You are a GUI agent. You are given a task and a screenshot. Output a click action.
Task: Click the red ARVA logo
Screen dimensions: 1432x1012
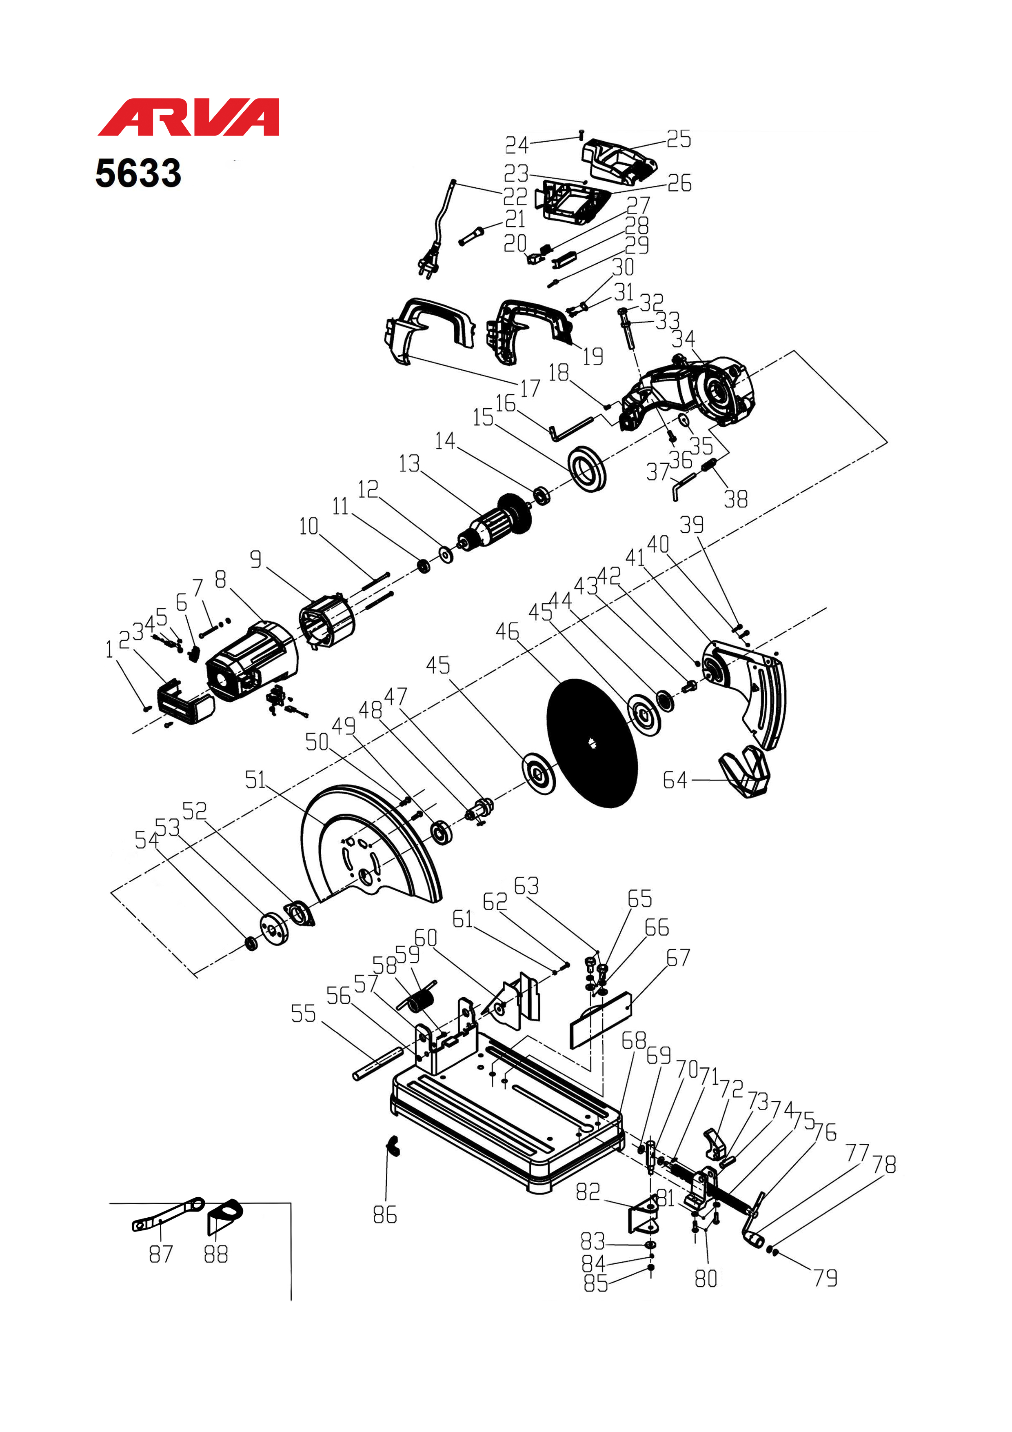click(188, 117)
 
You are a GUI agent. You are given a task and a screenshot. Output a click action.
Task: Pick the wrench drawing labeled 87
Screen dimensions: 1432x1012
click(167, 1214)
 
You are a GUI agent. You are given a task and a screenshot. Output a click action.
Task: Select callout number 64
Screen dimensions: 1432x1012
click(675, 780)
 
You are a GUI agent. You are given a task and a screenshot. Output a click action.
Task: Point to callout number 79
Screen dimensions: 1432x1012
click(825, 1278)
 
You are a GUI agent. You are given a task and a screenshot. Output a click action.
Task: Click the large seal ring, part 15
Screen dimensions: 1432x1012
click(587, 468)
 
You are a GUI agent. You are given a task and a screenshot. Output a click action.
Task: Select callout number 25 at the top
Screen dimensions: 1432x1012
click(679, 138)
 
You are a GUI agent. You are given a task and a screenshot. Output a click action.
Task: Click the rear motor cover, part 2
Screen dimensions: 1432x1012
click(186, 703)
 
